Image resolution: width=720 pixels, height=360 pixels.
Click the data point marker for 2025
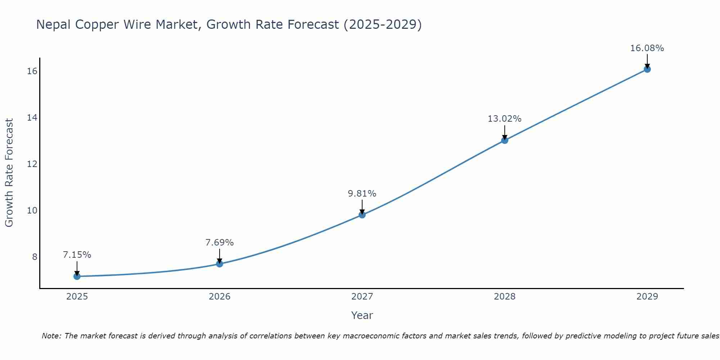pyautogui.click(x=77, y=276)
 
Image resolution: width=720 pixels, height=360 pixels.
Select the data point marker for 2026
pyautogui.click(x=220, y=264)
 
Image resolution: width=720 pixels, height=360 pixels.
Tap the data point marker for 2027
pyautogui.click(x=362, y=215)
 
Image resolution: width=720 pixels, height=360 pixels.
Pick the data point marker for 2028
pyautogui.click(x=505, y=140)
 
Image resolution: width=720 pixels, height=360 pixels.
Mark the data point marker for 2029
pyautogui.click(x=647, y=69)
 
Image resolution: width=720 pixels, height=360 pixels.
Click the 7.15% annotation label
pyautogui.click(x=77, y=255)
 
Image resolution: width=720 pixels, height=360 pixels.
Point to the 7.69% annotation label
pyautogui.click(x=220, y=243)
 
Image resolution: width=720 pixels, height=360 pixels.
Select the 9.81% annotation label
pyautogui.click(x=362, y=194)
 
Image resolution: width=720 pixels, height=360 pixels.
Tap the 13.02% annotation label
pyautogui.click(x=505, y=119)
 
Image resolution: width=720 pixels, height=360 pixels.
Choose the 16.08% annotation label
pyautogui.click(x=647, y=48)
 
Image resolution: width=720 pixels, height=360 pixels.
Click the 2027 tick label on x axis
pyautogui.click(x=362, y=297)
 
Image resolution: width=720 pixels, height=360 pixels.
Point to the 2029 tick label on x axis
pyautogui.click(x=647, y=297)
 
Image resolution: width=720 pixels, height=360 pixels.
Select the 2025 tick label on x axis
pyautogui.click(x=77, y=297)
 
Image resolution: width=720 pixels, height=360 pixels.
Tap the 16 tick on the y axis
pyautogui.click(x=32, y=71)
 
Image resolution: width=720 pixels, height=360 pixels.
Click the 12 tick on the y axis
pyautogui.click(x=32, y=164)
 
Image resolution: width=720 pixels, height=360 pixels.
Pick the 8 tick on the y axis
pyautogui.click(x=35, y=257)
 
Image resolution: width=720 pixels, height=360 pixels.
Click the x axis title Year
pyautogui.click(x=362, y=315)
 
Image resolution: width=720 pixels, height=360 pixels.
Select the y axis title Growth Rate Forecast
pyautogui.click(x=9, y=173)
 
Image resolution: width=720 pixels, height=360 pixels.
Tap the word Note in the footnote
pyautogui.click(x=51, y=336)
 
